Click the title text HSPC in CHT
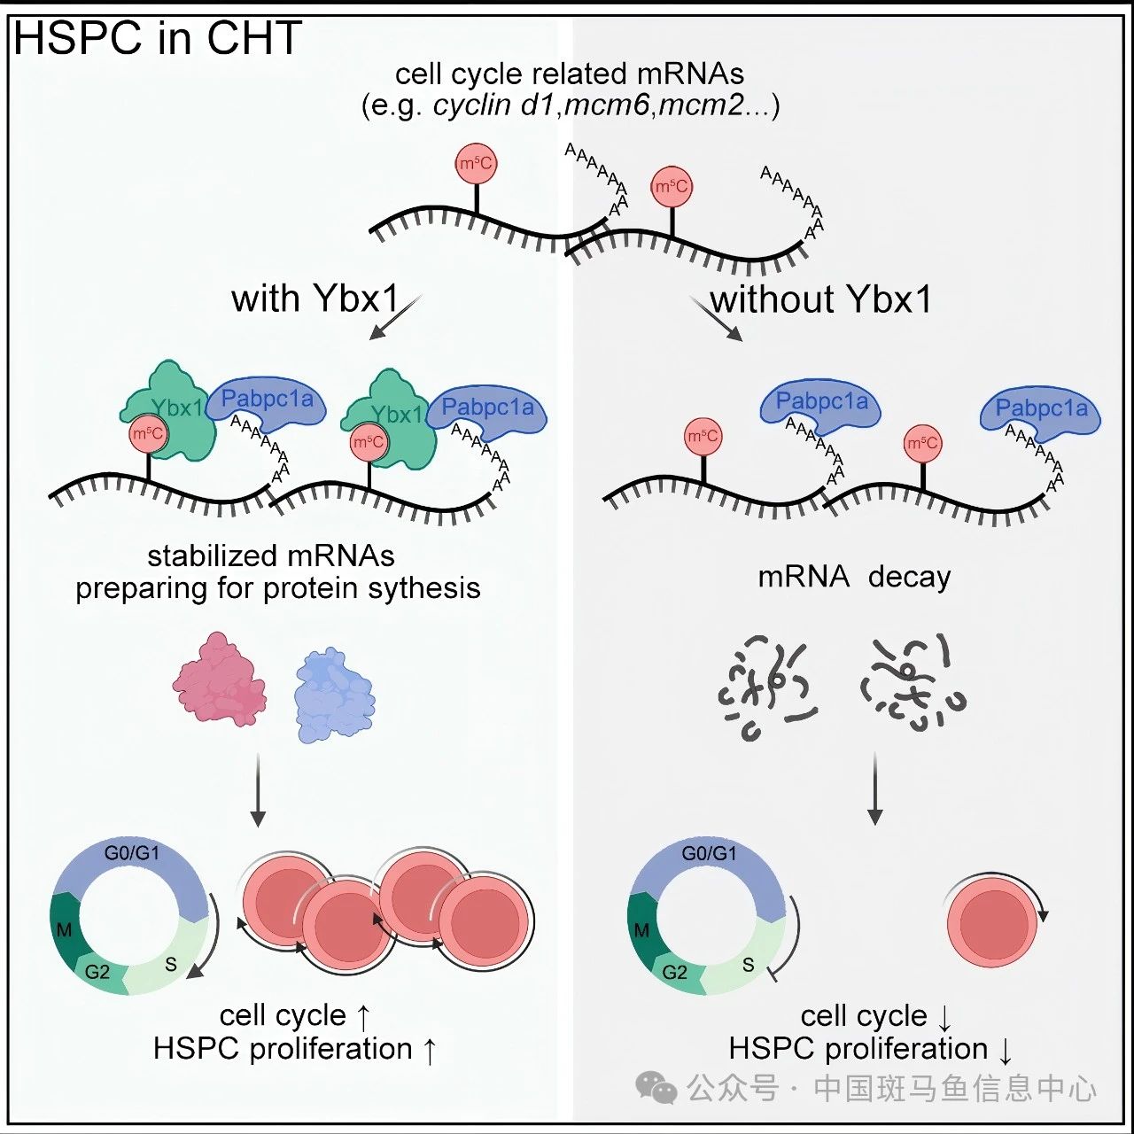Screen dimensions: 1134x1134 click(157, 38)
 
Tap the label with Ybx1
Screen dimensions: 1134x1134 click(315, 299)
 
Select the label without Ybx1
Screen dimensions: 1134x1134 click(821, 299)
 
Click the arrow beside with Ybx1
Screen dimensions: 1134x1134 click(395, 317)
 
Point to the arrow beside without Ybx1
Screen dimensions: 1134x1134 click(716, 319)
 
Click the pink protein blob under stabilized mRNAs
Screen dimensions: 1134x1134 click(220, 680)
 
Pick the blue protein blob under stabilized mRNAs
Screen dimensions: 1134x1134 click(335, 695)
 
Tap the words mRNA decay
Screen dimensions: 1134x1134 click(854, 577)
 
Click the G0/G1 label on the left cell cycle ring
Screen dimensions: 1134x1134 click(132, 852)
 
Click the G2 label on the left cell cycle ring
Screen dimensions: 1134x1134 click(97, 972)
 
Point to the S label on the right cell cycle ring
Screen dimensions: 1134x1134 click(748, 965)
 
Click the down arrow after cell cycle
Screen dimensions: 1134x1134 click(944, 1017)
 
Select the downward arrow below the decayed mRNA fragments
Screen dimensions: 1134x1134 click(875, 788)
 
